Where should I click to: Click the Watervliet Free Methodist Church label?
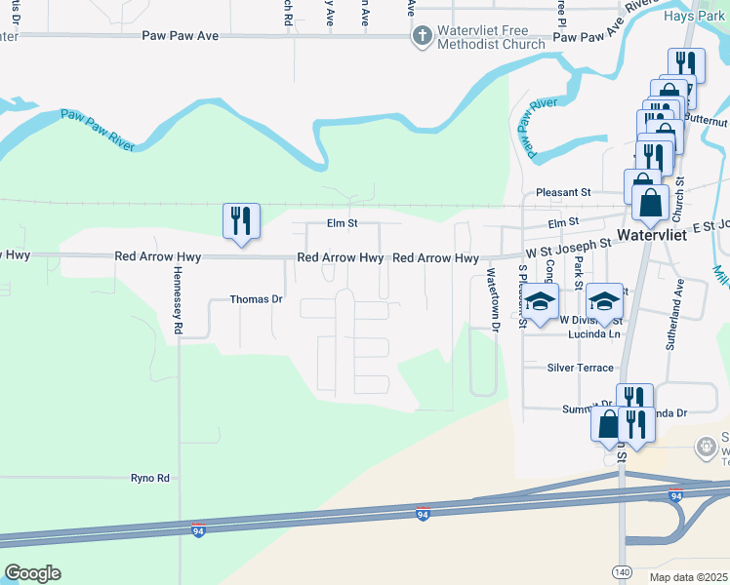pyautogui.click(x=491, y=37)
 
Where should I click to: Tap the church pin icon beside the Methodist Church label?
pyautogui.click(x=422, y=37)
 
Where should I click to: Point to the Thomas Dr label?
pyautogui.click(x=256, y=299)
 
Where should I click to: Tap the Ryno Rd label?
pyautogui.click(x=150, y=478)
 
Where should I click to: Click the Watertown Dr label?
pyautogui.click(x=493, y=301)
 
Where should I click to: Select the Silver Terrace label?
pyautogui.click(x=581, y=368)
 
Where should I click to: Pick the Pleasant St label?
pyautogui.click(x=564, y=193)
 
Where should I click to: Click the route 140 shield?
pyautogui.click(x=622, y=569)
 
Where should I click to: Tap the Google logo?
pyautogui.click(x=32, y=573)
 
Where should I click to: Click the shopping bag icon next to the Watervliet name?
pyautogui.click(x=650, y=203)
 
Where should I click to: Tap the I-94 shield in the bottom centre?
pyautogui.click(x=423, y=514)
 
